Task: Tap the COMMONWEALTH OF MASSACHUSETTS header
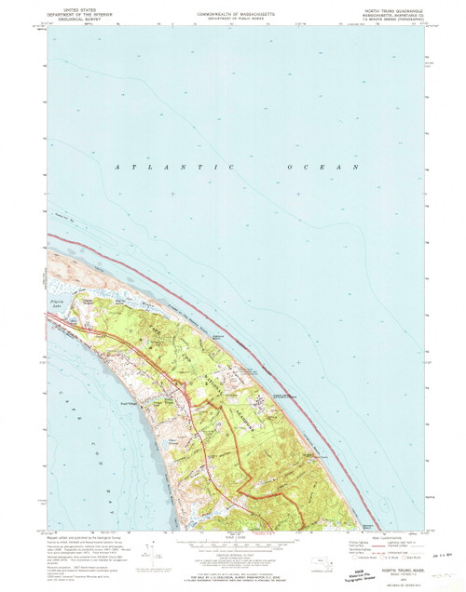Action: (x=233, y=5)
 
